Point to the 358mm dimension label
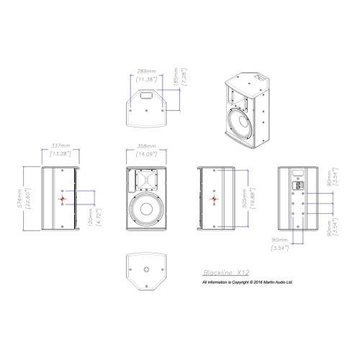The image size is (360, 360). (x=146, y=146)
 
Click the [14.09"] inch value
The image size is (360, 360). (x=146, y=153)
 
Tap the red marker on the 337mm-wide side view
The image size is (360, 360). (x=63, y=199)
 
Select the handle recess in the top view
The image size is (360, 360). (x=146, y=94)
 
